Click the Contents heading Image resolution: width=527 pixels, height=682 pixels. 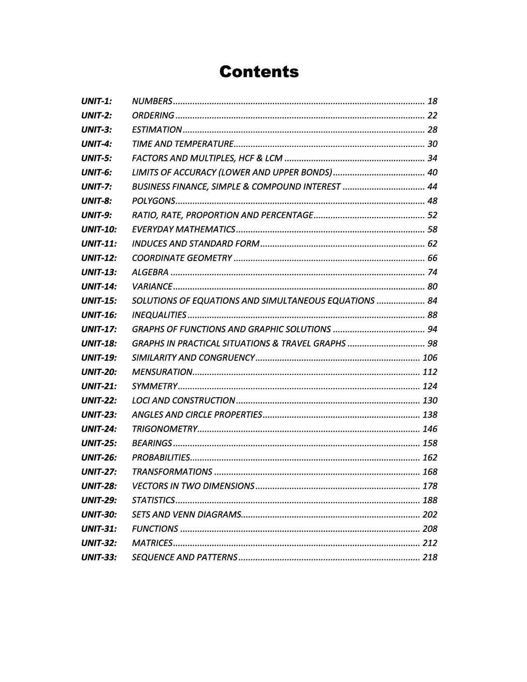coord(259,72)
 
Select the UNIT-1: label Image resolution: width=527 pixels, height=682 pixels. coord(96,101)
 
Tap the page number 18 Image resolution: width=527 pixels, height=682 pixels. coord(432,101)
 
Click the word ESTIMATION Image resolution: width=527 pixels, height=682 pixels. coord(157,130)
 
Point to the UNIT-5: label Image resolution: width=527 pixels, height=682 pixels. coord(96,158)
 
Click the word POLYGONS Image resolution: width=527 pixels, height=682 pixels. coord(153,201)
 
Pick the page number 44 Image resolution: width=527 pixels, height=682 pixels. coord(432,187)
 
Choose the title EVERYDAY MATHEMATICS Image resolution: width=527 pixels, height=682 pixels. coord(184,230)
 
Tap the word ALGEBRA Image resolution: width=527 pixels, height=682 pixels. coord(150,272)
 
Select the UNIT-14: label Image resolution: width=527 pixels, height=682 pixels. coord(99,287)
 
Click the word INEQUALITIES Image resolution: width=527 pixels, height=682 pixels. coord(159,315)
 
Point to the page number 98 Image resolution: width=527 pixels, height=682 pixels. coord(432,344)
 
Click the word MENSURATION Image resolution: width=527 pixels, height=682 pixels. coord(162,372)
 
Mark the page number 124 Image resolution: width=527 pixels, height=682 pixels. coord(430,387)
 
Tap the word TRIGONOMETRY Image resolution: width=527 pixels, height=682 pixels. coord(164,429)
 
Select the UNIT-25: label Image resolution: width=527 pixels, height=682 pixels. coord(99,443)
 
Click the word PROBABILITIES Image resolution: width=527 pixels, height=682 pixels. coord(161,458)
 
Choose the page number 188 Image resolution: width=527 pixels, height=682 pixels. coord(430,500)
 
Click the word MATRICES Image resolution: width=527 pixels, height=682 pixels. coord(152,543)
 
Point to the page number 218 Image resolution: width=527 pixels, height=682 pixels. coord(430,558)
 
